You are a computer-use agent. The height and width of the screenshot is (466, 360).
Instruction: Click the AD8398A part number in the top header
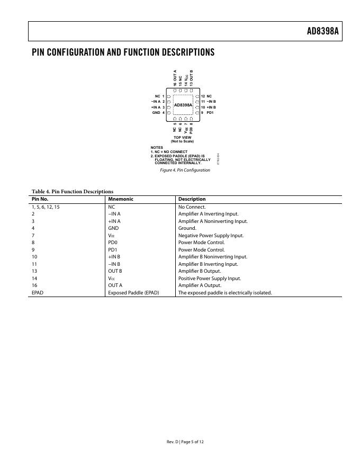322,31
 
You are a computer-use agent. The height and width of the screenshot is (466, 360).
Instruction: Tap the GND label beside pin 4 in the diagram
156,113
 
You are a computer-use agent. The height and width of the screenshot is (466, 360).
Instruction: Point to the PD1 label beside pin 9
210,113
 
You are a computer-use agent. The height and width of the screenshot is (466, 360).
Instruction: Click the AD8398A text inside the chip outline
183,105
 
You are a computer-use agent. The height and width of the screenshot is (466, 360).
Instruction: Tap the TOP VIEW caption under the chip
182,138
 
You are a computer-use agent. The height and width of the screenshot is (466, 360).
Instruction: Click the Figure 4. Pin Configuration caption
182,170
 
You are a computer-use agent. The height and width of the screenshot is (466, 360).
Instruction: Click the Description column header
192,199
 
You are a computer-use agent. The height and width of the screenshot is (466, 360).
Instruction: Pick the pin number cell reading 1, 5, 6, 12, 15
46,207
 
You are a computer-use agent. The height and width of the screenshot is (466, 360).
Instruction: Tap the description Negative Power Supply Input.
211,236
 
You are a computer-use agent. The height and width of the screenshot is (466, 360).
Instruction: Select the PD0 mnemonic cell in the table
113,243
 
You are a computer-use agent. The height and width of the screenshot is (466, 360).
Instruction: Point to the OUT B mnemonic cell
115,271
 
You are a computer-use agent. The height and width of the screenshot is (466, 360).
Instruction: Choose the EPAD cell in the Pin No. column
38,292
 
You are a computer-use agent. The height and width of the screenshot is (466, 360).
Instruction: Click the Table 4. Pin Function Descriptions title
73,191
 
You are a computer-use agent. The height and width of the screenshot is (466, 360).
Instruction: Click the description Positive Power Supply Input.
210,279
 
